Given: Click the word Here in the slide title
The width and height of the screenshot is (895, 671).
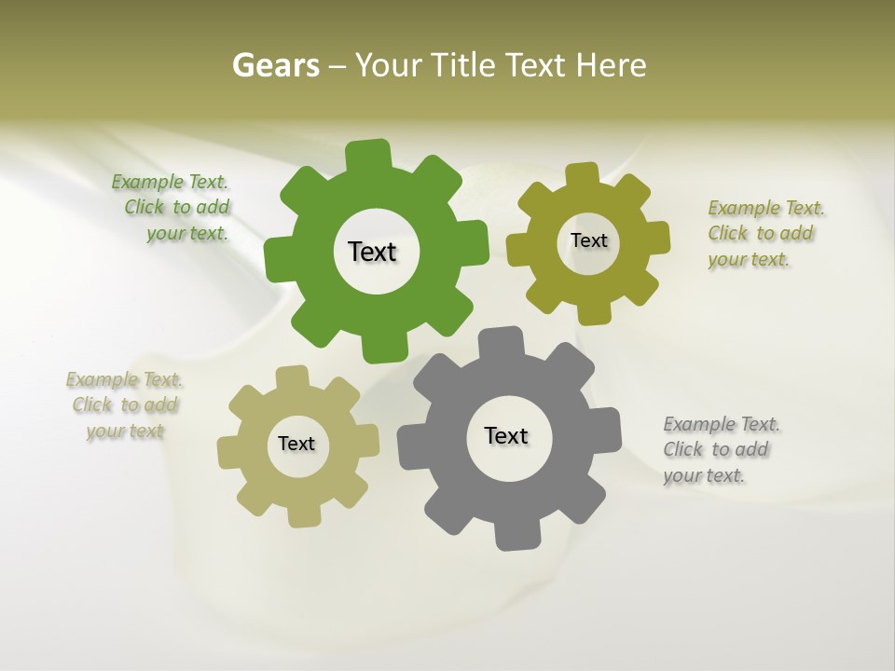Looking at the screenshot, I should [611, 66].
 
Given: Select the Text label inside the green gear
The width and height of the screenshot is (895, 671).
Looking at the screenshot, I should [372, 252].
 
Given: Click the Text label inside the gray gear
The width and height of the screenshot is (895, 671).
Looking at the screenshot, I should [506, 436].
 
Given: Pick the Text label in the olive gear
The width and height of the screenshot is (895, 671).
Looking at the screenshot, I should [588, 240].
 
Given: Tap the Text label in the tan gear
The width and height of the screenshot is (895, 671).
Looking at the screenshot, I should [296, 445].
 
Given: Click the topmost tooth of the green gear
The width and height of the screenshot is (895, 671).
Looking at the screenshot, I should [369, 154].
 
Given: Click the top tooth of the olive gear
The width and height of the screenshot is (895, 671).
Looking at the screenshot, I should [583, 174].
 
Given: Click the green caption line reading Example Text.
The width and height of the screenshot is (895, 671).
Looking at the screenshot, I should [170, 183].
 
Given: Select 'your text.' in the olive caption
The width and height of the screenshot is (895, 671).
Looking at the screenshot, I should [749, 260].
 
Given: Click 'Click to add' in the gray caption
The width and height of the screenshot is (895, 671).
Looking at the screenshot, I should [716, 450].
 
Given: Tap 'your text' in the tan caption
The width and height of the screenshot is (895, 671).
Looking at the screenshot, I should [125, 431].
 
